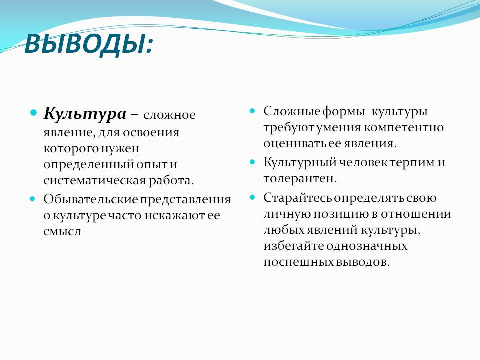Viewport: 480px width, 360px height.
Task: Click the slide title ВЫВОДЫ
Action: pyautogui.click(x=88, y=44)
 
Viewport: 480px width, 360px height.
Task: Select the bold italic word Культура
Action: pyautogui.click(x=85, y=114)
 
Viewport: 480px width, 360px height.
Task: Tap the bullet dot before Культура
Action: pyautogui.click(x=33, y=113)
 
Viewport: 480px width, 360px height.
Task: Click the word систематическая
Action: pyautogui.click(x=94, y=180)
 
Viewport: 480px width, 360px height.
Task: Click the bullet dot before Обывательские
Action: pyautogui.click(x=33, y=199)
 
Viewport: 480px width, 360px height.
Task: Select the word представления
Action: pyautogui.click(x=185, y=200)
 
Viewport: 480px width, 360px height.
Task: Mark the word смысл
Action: pyautogui.click(x=62, y=231)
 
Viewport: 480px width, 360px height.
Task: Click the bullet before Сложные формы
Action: pyautogui.click(x=252, y=111)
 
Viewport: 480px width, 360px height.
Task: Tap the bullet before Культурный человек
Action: pyautogui.click(x=252, y=162)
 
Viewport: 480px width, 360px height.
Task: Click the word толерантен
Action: pyautogui.click(x=300, y=179)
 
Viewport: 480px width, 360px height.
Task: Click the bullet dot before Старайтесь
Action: pyautogui.click(x=252, y=198)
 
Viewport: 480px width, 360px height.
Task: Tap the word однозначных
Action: pyautogui.click(x=367, y=246)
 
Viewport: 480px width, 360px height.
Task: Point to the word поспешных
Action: pyautogui.click(x=299, y=262)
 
